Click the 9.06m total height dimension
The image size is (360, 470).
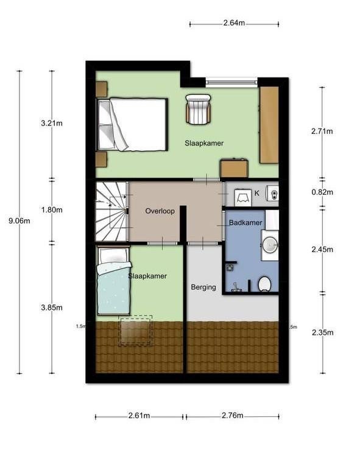click(19, 221)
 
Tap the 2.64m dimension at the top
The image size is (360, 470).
click(234, 23)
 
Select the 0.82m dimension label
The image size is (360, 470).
click(322, 192)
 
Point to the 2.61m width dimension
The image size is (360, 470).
click(139, 416)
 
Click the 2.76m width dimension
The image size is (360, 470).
click(233, 416)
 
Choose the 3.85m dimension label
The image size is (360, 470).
click(52, 307)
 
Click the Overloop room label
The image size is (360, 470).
click(160, 211)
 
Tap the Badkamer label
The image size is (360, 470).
click(245, 223)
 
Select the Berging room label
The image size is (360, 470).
click(203, 287)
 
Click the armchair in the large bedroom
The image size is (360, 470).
click(198, 109)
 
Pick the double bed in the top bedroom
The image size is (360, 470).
click(132, 124)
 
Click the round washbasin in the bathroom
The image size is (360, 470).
click(270, 245)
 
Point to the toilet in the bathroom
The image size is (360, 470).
click(265, 284)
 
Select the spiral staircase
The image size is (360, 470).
click(111, 211)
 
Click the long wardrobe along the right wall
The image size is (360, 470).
click(269, 125)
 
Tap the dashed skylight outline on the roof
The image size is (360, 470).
click(135, 331)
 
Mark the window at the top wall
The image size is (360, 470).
click(231, 81)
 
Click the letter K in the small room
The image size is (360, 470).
click(257, 194)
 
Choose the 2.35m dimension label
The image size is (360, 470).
click(322, 332)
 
